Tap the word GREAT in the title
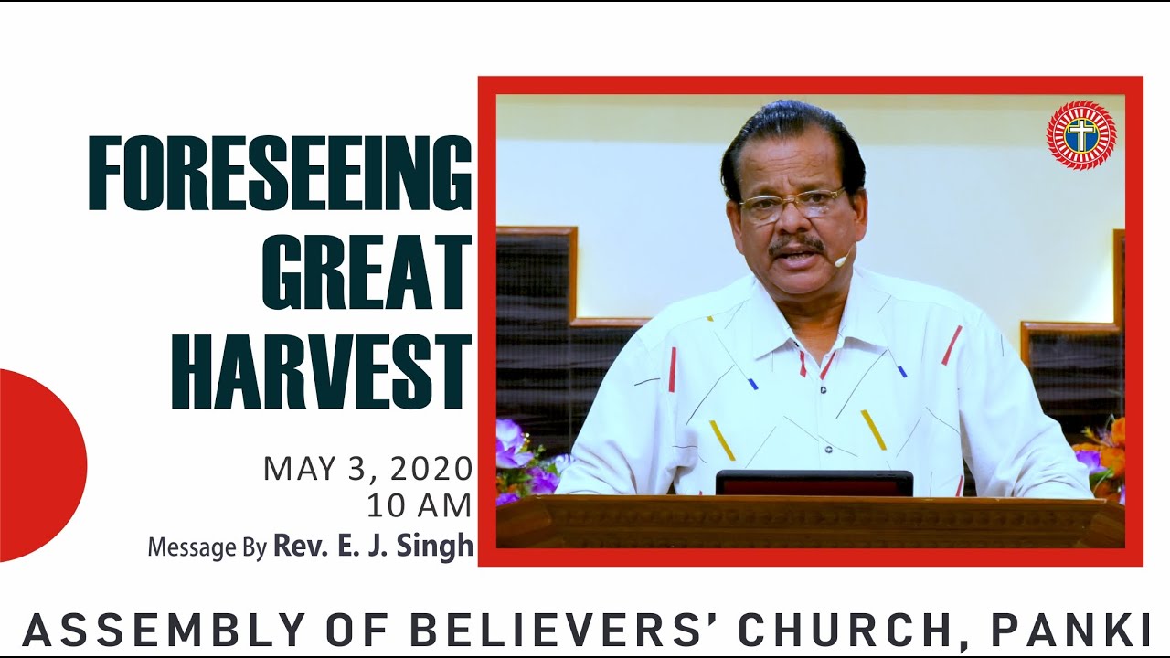pyautogui.click(x=367, y=273)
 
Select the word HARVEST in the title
pyautogui.click(x=321, y=371)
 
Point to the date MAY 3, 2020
pyautogui.click(x=367, y=469)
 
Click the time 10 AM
pyautogui.click(x=419, y=504)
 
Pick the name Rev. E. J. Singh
pyautogui.click(x=373, y=546)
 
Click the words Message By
pyautogui.click(x=207, y=547)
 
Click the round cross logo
pyautogui.click(x=1081, y=135)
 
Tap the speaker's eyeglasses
pyautogui.click(x=792, y=205)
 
